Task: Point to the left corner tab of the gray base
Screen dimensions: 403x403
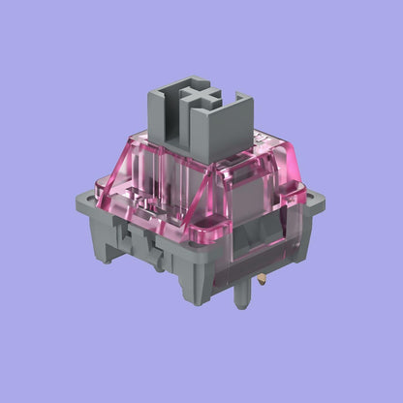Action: tap(85, 200)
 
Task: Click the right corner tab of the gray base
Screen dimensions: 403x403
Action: tap(312, 203)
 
